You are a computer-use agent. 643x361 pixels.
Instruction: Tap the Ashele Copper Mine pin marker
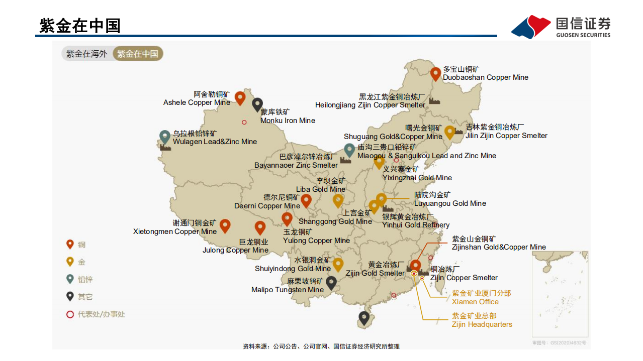[x=240, y=97]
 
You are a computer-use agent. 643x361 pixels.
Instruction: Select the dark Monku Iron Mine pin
[x=257, y=104]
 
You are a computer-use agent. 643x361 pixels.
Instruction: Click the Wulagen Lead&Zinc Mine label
[x=215, y=142]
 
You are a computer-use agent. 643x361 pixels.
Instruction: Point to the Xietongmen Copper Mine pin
[x=225, y=226]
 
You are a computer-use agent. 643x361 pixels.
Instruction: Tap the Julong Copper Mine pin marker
[x=260, y=228]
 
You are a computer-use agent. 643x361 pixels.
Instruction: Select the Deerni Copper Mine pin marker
[x=306, y=201]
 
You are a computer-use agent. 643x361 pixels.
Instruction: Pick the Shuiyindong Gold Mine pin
[x=338, y=264]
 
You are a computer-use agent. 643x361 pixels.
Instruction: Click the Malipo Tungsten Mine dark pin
[x=331, y=283]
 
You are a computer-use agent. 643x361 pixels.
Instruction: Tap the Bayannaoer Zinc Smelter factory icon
[x=345, y=160]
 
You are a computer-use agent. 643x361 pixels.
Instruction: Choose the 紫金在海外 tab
[x=87, y=54]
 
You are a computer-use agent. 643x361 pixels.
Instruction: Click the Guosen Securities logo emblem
[x=531, y=27]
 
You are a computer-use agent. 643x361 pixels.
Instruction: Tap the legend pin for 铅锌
[x=70, y=279]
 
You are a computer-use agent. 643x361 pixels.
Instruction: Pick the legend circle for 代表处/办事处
[x=70, y=314]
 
